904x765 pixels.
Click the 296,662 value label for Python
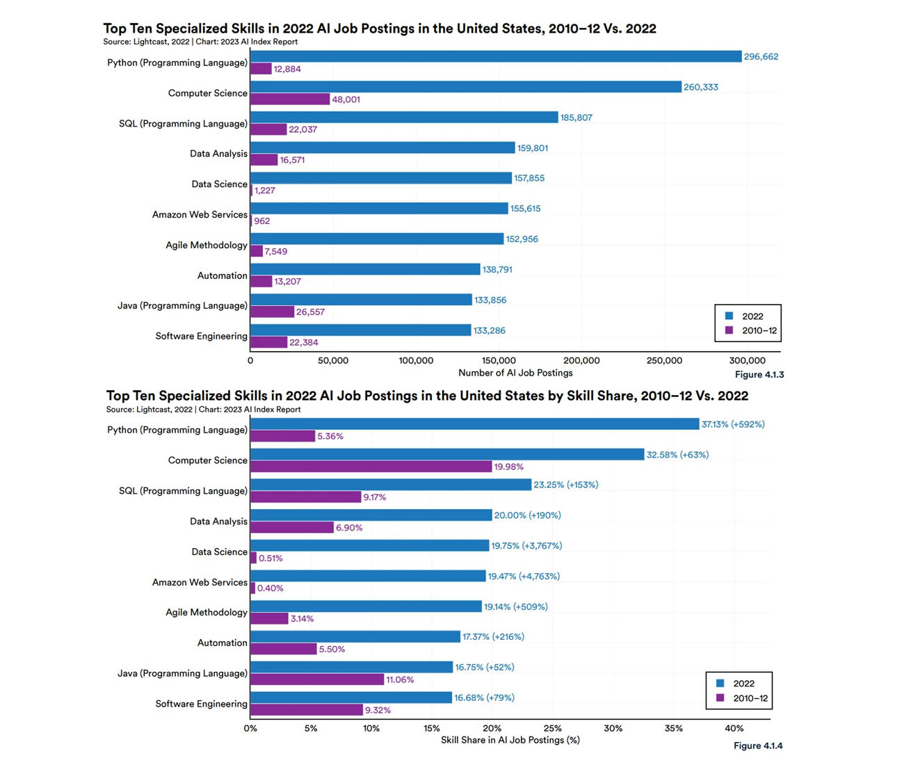pos(761,56)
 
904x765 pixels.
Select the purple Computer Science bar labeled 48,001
pos(290,99)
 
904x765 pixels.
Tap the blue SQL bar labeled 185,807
pos(404,118)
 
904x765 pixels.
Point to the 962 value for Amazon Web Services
pos(262,221)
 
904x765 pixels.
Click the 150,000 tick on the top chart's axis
pos(499,361)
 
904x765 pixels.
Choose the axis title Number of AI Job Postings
pos(515,373)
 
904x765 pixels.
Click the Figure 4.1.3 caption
pos(759,375)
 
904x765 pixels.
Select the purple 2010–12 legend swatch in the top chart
pos(729,330)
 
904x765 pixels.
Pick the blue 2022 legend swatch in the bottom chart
pos(720,683)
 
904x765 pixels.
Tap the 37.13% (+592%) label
pos(733,424)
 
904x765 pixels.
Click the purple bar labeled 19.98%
pos(371,467)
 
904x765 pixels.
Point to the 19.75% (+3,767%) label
pos(526,546)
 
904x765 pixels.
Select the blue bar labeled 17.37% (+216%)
pos(355,637)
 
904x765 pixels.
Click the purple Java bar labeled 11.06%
pos(317,679)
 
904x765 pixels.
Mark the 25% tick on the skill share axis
pos(552,728)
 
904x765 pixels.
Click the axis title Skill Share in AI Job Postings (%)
pos(510,740)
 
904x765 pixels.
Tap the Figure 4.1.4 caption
pos(758,746)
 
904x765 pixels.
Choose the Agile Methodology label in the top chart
pos(207,245)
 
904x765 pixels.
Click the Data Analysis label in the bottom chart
pos(218,522)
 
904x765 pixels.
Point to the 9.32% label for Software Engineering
pos(378,710)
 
